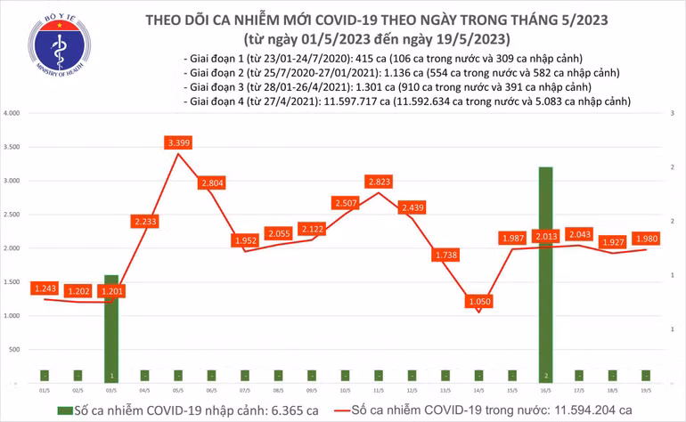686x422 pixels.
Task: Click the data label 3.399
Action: tap(179, 142)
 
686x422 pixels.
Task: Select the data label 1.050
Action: tap(478, 302)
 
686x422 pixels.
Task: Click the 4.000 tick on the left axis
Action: tap(12, 114)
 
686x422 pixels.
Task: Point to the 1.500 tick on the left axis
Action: tap(12, 282)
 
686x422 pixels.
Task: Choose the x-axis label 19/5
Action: tap(644, 389)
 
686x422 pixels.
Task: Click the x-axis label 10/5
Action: tap(345, 389)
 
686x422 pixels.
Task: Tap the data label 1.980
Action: tap(645, 238)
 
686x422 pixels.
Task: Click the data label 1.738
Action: tap(445, 256)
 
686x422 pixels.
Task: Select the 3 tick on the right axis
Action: tap(669, 114)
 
